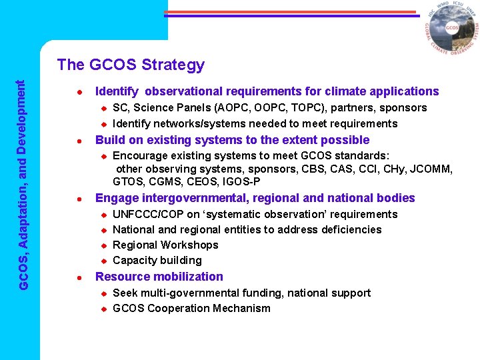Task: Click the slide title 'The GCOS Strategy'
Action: point(131,65)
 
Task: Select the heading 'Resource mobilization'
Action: point(159,277)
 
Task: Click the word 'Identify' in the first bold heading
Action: point(117,91)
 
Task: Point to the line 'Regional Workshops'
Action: point(165,245)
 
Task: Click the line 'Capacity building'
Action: point(157,260)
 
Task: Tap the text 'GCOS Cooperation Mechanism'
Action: point(191,308)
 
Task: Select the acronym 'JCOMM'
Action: point(435,169)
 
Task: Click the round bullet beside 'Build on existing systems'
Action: point(79,141)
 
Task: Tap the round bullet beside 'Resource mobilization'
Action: point(79,277)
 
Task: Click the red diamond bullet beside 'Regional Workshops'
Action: point(104,245)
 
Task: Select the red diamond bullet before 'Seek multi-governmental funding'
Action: point(104,293)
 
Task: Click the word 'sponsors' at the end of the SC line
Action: point(403,107)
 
